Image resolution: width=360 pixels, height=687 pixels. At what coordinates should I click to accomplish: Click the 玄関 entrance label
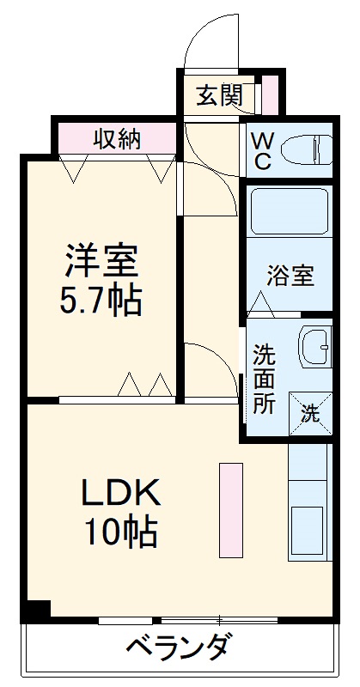[x=219, y=95]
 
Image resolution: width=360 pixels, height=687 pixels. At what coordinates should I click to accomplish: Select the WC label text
[x=261, y=150]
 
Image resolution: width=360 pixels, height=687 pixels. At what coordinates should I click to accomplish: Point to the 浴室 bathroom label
[x=290, y=277]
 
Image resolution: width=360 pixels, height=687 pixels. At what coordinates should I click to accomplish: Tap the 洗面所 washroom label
[x=264, y=379]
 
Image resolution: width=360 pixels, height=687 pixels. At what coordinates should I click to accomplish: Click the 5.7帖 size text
[x=101, y=301]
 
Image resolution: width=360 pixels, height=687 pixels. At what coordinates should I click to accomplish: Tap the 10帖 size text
[x=120, y=534]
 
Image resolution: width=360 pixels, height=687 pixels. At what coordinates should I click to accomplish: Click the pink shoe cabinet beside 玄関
[x=271, y=94]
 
